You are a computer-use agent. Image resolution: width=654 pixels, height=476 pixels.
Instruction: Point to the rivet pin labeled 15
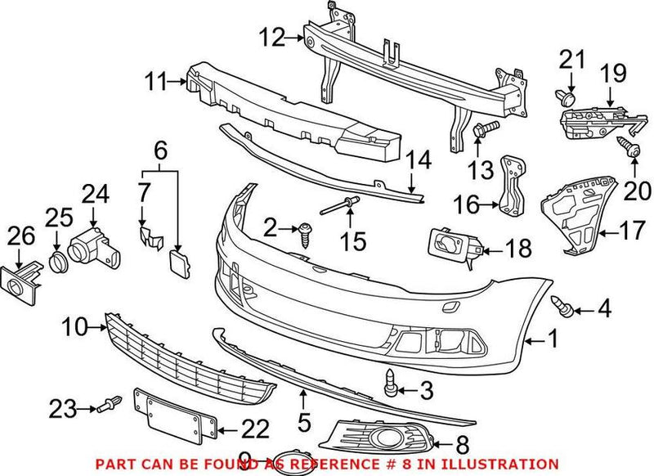coord(333,208)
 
